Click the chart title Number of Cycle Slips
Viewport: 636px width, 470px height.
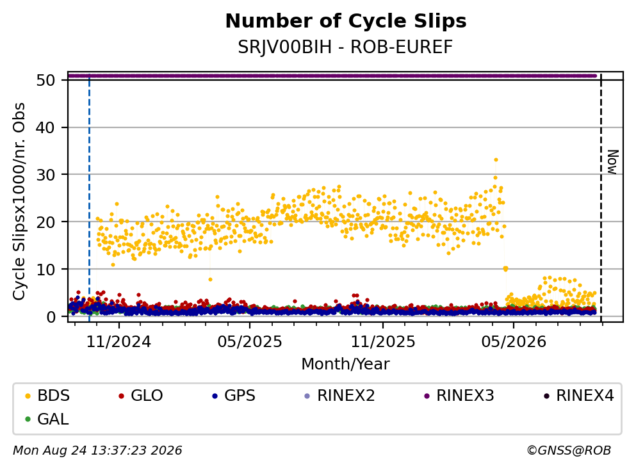346,21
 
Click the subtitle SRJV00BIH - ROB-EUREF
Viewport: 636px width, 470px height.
345,47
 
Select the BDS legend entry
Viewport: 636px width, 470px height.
47,395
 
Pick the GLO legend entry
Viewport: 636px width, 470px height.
141,395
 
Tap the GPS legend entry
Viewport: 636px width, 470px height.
234,395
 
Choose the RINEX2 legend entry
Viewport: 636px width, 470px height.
339,395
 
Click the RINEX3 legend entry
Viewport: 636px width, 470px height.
459,395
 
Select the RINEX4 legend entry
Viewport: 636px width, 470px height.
578,395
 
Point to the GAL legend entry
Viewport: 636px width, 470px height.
47,419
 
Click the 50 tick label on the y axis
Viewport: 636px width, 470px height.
45,80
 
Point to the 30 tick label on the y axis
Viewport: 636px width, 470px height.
45,175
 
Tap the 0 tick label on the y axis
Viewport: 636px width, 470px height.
51,317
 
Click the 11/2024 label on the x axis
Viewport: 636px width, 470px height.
119,342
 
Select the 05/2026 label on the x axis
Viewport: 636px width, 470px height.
514,342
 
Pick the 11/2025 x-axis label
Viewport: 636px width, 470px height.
383,342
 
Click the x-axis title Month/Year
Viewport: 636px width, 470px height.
345,364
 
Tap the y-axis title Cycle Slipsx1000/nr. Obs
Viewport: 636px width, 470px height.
19,202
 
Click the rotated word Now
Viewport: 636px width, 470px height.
613,162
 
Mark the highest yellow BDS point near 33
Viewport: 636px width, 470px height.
496,160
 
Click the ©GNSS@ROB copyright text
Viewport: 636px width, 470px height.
569,451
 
